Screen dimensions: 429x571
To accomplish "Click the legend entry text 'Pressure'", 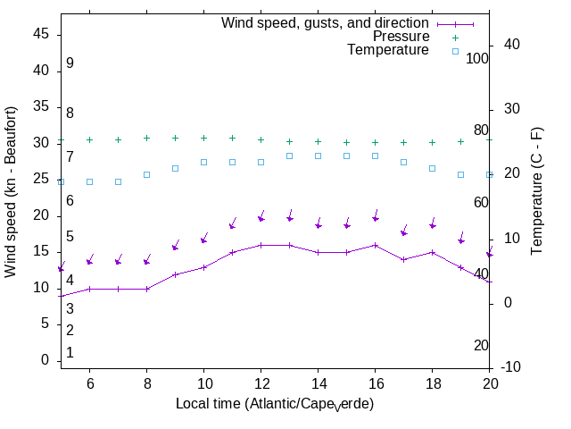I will tap(401, 37).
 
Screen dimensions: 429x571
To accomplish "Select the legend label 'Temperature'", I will tap(388, 51).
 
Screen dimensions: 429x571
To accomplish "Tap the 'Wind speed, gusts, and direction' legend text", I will tap(326, 23).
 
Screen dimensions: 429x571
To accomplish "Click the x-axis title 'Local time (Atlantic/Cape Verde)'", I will tap(274, 404).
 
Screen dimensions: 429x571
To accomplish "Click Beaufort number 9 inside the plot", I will tap(70, 64).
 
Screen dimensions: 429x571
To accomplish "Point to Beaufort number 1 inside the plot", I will tap(70, 353).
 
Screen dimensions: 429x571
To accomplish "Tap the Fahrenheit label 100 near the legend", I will tap(478, 58).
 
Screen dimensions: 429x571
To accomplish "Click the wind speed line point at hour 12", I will tap(261, 245).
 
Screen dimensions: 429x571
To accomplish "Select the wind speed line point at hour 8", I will tap(146, 289).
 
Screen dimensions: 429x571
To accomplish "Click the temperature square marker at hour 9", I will tap(175, 168).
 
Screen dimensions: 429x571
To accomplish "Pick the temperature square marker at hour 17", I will tap(403, 162).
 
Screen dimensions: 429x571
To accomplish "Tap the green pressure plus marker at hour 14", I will tap(318, 141).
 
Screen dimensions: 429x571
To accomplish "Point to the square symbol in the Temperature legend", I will tap(454, 51).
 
